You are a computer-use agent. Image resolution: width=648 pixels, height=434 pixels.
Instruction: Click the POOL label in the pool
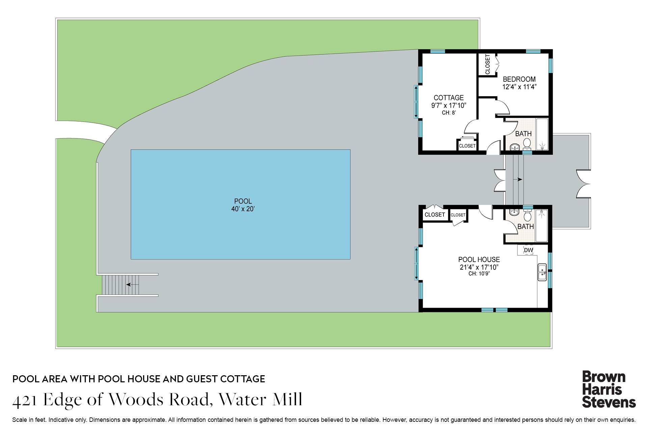click(x=243, y=201)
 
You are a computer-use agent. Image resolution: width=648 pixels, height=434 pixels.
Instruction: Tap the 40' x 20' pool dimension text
click(x=243, y=209)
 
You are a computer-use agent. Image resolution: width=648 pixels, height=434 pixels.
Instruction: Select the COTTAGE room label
click(x=449, y=98)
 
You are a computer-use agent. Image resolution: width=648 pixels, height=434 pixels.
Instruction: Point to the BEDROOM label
click(x=519, y=79)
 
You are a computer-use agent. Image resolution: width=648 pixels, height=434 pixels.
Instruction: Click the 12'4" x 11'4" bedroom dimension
click(x=519, y=87)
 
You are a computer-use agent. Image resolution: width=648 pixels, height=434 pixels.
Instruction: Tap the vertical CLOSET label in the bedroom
click(x=487, y=64)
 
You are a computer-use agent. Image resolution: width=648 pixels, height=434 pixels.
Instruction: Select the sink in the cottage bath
click(x=515, y=147)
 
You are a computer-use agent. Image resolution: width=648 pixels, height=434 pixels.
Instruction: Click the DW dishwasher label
click(x=529, y=250)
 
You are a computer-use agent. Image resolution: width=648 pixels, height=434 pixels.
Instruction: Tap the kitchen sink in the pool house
click(x=542, y=272)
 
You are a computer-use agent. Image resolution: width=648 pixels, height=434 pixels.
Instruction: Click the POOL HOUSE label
click(x=479, y=260)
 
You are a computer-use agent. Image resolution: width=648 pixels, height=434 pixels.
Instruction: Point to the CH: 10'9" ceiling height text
click(x=479, y=274)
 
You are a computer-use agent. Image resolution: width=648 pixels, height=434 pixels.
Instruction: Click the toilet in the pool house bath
click(x=528, y=215)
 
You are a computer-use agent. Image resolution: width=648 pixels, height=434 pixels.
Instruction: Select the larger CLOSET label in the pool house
click(x=435, y=215)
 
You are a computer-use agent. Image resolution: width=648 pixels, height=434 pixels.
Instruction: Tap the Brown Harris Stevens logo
click(x=608, y=389)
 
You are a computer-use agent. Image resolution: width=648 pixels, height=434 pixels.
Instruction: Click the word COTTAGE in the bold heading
click(x=243, y=379)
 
